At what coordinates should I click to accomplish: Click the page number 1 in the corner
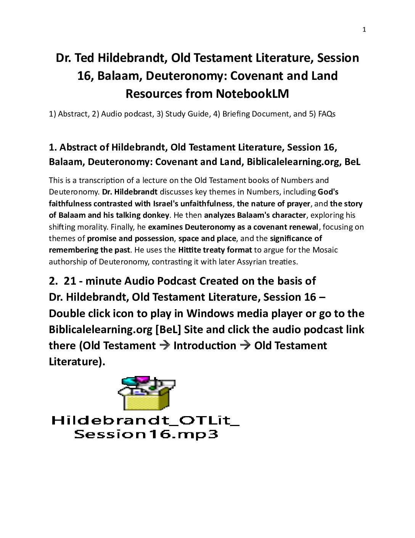pyautogui.click(x=364, y=30)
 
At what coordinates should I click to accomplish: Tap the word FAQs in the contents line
pyautogui.click(x=327, y=114)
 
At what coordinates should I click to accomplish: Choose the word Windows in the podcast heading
pyautogui.click(x=210, y=313)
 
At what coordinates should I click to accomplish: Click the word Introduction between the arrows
pyautogui.click(x=205, y=346)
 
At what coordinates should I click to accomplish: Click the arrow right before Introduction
pyautogui.click(x=164, y=346)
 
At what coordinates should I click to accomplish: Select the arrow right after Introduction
pyautogui.click(x=245, y=346)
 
